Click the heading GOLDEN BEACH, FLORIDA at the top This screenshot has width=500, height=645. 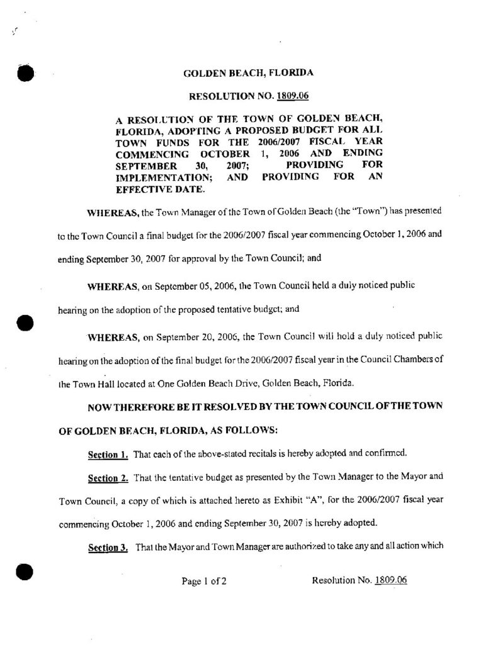coord(248,73)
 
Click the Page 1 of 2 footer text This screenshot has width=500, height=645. coord(203,581)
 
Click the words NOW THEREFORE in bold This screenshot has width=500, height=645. coord(127,406)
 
